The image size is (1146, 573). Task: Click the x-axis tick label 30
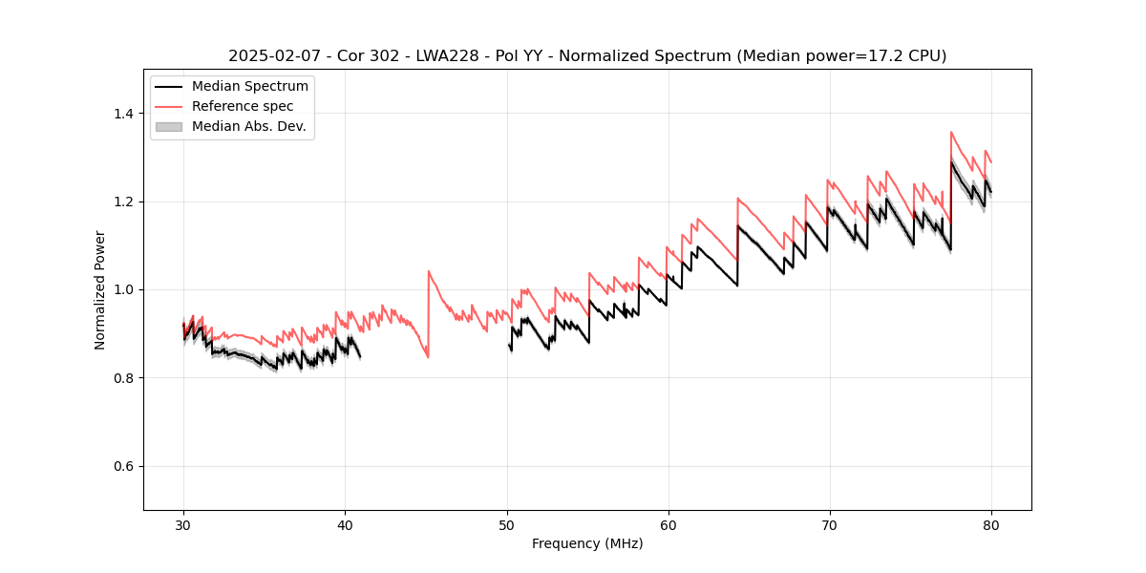click(184, 525)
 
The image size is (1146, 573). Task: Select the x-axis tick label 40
click(346, 525)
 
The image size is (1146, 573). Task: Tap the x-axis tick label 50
click(507, 525)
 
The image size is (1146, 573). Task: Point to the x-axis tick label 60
click(668, 525)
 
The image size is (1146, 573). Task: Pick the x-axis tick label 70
click(830, 525)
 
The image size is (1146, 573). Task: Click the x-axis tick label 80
click(991, 525)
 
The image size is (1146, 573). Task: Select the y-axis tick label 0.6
click(124, 466)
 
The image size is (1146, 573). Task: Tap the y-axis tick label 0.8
click(124, 378)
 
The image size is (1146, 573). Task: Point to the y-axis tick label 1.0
click(124, 289)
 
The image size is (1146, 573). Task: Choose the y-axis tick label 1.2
click(124, 202)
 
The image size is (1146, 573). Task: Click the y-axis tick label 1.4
click(124, 114)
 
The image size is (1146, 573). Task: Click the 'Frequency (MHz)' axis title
click(587, 543)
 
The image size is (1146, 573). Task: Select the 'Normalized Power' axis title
click(100, 289)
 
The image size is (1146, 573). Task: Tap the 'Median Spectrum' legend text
click(249, 87)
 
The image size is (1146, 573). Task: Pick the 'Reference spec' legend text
click(243, 106)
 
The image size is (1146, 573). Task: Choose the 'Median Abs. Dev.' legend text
click(248, 126)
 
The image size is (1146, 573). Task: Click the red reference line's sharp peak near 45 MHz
click(429, 271)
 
